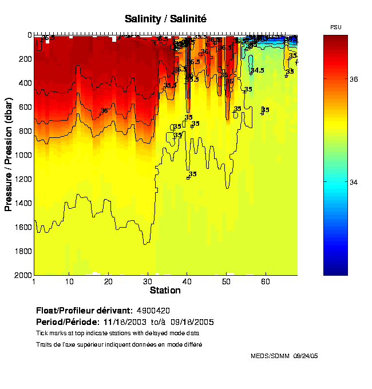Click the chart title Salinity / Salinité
[x=165, y=19]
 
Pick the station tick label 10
[x=69, y=281]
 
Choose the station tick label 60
[x=266, y=281]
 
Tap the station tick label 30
[x=148, y=281]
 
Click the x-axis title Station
[x=165, y=291]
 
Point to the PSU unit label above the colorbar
[x=337, y=27]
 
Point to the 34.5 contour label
[x=257, y=70]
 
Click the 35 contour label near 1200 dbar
[x=193, y=174]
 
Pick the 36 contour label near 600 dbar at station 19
[x=104, y=111]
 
